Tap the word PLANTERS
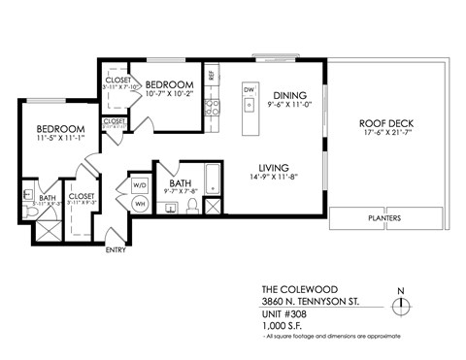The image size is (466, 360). pyautogui.click(x=385, y=219)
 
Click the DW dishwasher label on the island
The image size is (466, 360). pyautogui.click(x=249, y=89)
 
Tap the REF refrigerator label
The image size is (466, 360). pyautogui.click(x=211, y=76)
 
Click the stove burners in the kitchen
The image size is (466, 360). pyautogui.click(x=211, y=106)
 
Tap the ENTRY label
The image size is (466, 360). pyautogui.click(x=116, y=250)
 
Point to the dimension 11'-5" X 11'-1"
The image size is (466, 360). pyautogui.click(x=48, y=140)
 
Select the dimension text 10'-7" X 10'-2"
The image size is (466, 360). pyautogui.click(x=170, y=96)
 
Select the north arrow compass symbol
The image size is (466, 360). pyautogui.click(x=401, y=305)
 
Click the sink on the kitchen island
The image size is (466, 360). pyautogui.click(x=249, y=105)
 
